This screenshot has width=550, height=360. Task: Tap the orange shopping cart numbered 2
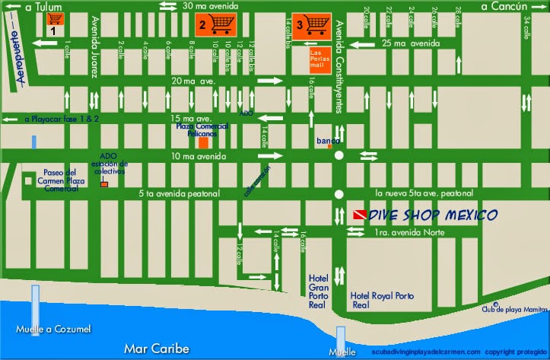click(215, 24)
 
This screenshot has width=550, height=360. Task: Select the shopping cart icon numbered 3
click(310, 24)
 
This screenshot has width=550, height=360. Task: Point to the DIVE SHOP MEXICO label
click(432, 215)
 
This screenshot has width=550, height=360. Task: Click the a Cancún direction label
click(504, 7)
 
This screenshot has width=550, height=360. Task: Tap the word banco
click(329, 141)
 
